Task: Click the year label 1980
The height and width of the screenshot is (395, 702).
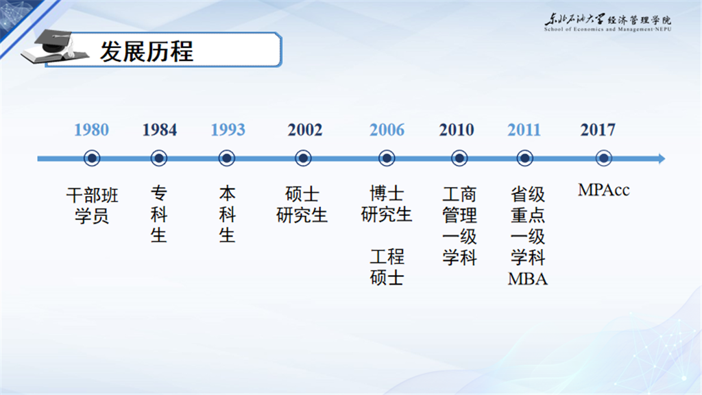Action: tap(91, 130)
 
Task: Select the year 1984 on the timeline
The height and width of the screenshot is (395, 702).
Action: tap(159, 130)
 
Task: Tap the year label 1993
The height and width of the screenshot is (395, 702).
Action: tap(228, 130)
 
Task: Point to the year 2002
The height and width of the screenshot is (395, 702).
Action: tap(305, 130)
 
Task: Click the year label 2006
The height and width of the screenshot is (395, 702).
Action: tap(387, 130)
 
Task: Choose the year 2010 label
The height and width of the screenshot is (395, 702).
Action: tap(456, 130)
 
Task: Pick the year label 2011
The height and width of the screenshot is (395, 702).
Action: tap(524, 130)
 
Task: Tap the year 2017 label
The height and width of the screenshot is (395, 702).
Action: tap(598, 130)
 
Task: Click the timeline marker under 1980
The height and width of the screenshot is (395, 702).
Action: tap(92, 158)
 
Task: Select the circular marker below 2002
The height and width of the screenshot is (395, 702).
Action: tap(303, 158)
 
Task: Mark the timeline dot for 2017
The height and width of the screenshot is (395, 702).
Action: tap(603, 158)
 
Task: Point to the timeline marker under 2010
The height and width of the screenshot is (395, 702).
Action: tap(459, 158)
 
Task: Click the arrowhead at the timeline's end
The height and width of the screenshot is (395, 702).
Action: tap(662, 158)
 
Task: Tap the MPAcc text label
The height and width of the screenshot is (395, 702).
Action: tap(603, 190)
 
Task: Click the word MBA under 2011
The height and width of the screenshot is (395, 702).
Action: tap(527, 279)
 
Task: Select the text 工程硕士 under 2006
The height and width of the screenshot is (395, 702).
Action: tap(387, 267)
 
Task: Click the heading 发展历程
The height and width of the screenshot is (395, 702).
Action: tap(147, 51)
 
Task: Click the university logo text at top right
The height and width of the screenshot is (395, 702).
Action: tap(607, 22)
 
